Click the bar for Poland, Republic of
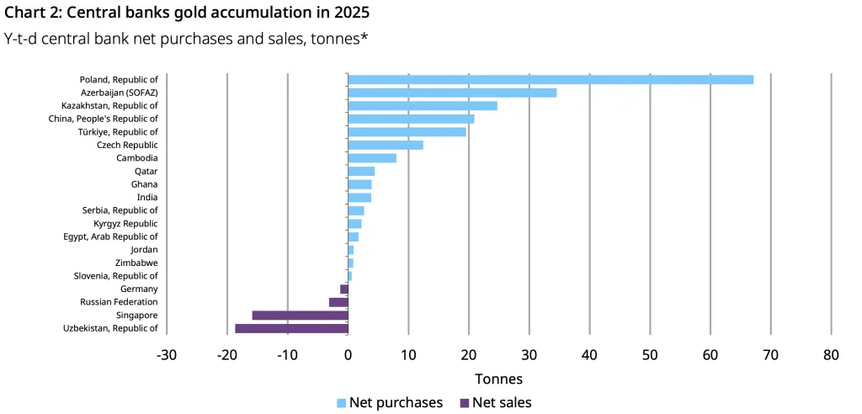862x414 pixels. (x=551, y=79)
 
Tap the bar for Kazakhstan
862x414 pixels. (x=423, y=106)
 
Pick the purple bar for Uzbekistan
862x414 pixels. (x=291, y=328)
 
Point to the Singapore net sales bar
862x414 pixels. (x=300, y=315)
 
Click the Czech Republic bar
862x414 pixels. (x=386, y=145)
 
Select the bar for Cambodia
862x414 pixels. (x=372, y=158)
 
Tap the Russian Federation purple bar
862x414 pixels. (x=338, y=302)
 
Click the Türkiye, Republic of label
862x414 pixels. (x=119, y=132)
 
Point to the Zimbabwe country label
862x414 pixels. (x=136, y=263)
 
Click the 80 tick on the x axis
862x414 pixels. (x=831, y=354)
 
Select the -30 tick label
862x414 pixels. (x=166, y=354)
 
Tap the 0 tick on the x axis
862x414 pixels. (x=348, y=354)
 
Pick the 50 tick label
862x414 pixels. (x=649, y=354)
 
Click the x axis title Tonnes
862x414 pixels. (x=498, y=379)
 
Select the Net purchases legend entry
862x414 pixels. (x=389, y=402)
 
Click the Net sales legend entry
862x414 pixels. (x=496, y=402)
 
